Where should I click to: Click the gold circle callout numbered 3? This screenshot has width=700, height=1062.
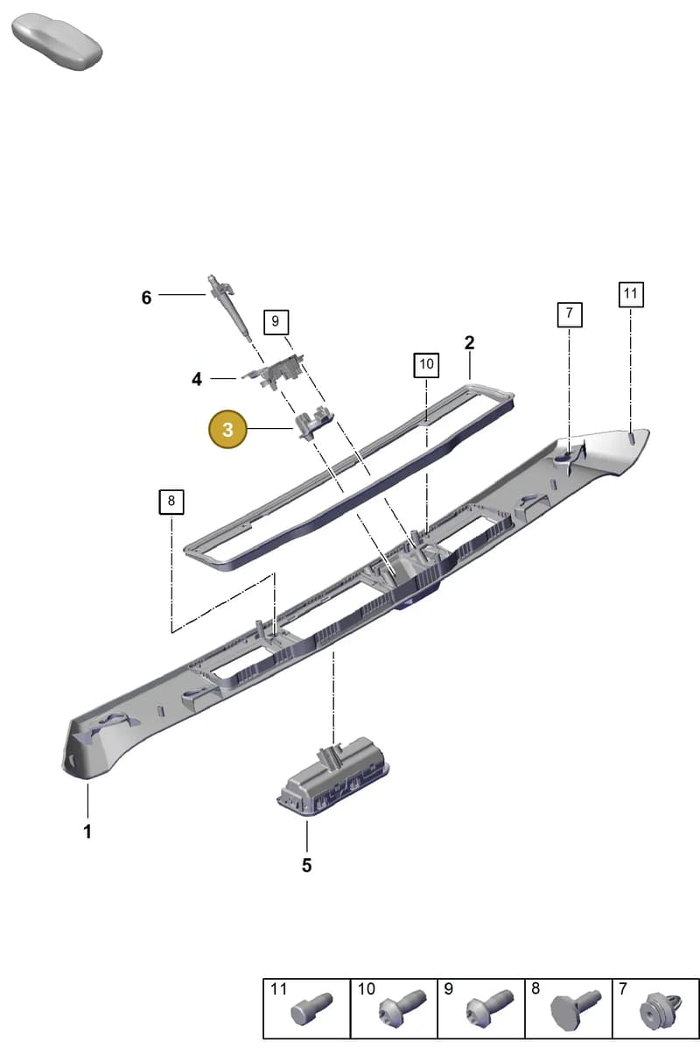pyautogui.click(x=228, y=430)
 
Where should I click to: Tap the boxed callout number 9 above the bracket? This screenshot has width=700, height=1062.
pyautogui.click(x=276, y=322)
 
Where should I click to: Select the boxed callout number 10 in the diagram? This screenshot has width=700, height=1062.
pyautogui.click(x=426, y=364)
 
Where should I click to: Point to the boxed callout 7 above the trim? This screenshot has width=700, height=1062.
pyautogui.click(x=570, y=314)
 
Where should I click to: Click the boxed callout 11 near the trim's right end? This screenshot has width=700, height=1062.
pyautogui.click(x=631, y=294)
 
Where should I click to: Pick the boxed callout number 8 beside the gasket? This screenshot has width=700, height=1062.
pyautogui.click(x=171, y=502)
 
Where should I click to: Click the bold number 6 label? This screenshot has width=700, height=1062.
pyautogui.click(x=146, y=298)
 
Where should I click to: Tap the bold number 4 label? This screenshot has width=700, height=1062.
pyautogui.click(x=197, y=379)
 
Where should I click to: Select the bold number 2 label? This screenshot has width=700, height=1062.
pyautogui.click(x=469, y=343)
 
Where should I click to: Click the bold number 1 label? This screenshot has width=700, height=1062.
pyautogui.click(x=87, y=832)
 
